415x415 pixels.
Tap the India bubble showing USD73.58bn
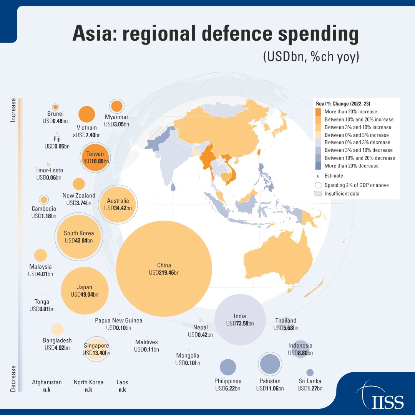(240, 320)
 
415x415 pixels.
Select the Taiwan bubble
(95, 157)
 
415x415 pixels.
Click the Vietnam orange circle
(86, 115)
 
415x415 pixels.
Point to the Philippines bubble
(228, 367)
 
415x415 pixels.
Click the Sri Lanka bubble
(310, 372)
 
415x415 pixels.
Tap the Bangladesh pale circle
(57, 329)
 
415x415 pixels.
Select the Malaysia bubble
(41, 255)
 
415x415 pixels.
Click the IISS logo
(380, 396)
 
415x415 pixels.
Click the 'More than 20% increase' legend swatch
(318, 112)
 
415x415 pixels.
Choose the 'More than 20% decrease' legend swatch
(318, 166)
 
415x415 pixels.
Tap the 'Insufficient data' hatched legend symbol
(318, 194)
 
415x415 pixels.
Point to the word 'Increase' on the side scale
(13, 110)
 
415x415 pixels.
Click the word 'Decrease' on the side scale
(13, 378)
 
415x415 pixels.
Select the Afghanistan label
(47, 382)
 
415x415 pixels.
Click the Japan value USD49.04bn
(85, 295)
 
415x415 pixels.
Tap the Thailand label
(286, 320)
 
